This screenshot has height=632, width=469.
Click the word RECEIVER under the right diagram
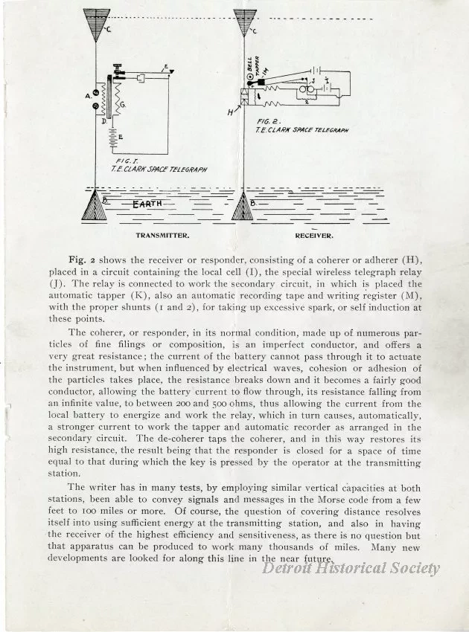click(313, 236)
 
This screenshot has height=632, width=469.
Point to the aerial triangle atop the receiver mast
click(245, 20)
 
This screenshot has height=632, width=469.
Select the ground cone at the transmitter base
click(95, 207)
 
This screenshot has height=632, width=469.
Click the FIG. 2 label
click(267, 121)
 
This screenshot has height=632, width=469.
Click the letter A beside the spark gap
click(88, 94)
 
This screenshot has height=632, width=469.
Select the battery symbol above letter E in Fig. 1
click(112, 138)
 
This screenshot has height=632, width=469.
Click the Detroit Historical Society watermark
click(351, 569)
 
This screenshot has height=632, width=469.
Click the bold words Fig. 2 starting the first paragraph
click(83, 259)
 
